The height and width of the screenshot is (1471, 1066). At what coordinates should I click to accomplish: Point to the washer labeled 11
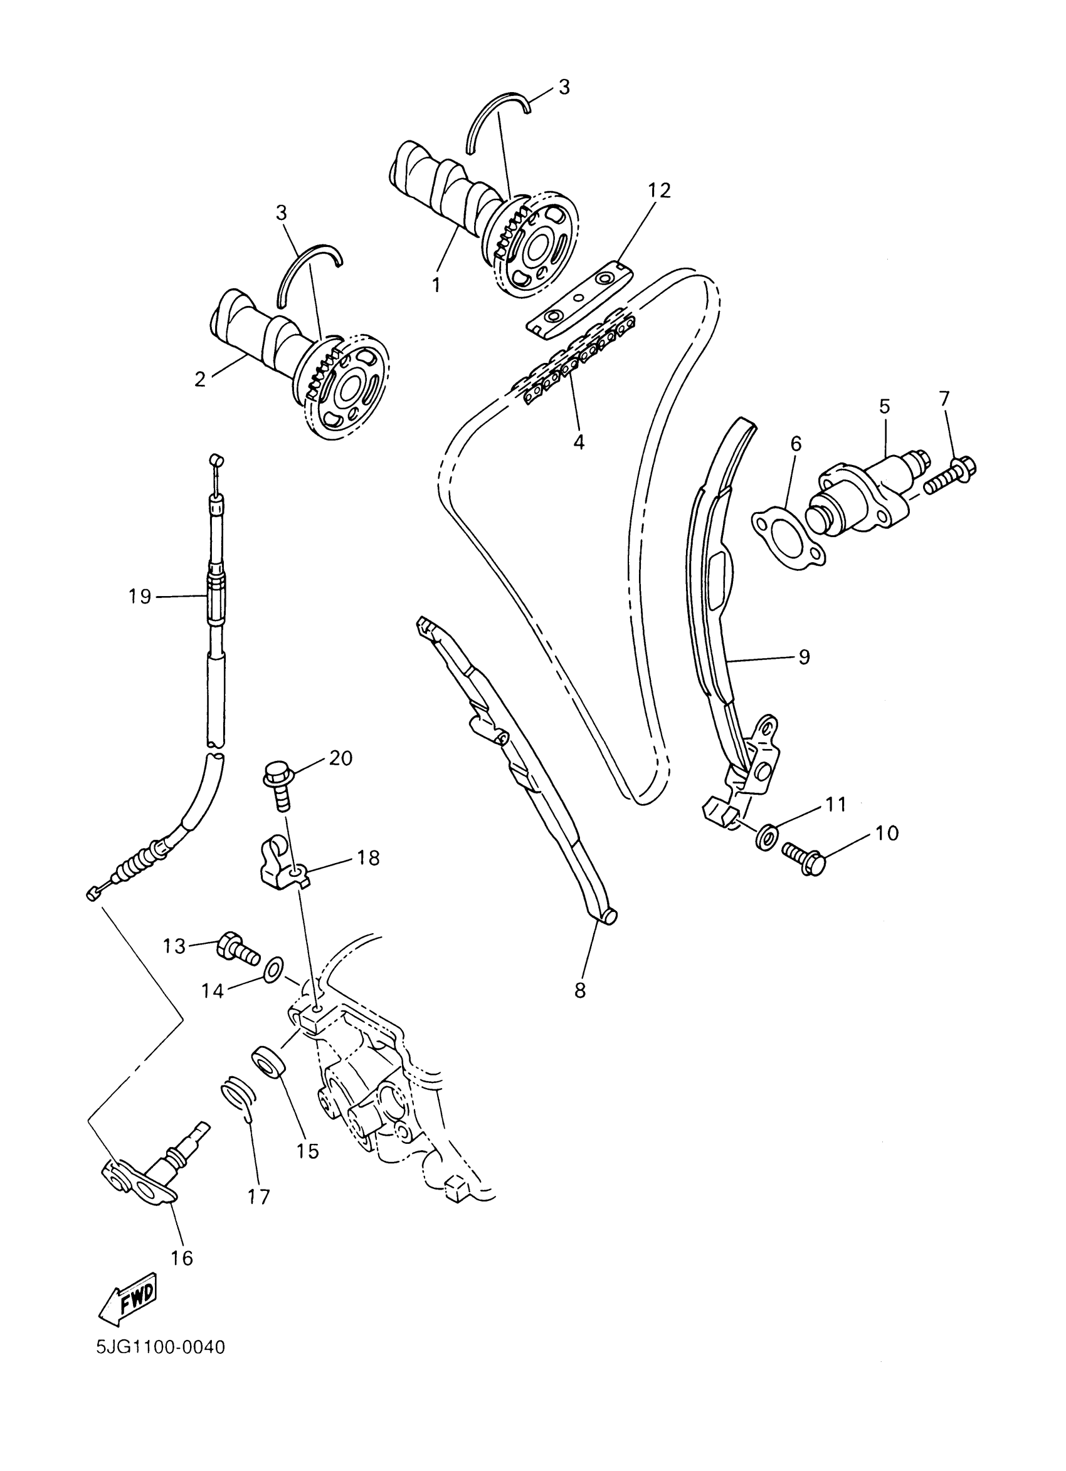point(765,837)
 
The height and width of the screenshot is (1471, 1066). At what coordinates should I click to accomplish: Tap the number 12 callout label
point(658,190)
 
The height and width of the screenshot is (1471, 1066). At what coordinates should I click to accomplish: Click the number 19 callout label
point(139,595)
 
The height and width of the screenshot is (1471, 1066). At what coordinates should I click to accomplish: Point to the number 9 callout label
point(804,657)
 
